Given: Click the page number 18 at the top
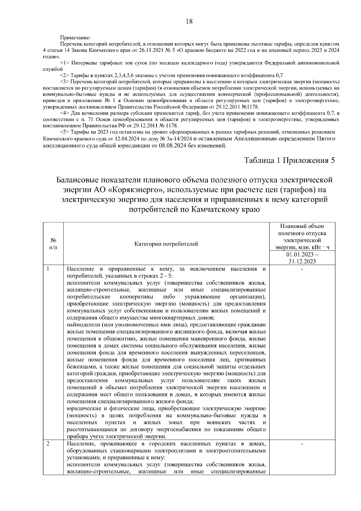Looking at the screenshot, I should tap(189, 21).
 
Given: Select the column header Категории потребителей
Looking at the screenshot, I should tap(166, 244).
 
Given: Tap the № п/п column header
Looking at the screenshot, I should tap(53, 244).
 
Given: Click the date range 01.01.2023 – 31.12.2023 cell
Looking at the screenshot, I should tap(302, 258).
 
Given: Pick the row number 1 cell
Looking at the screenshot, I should tap(48, 269).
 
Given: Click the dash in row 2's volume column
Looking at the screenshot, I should tap(302, 444).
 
